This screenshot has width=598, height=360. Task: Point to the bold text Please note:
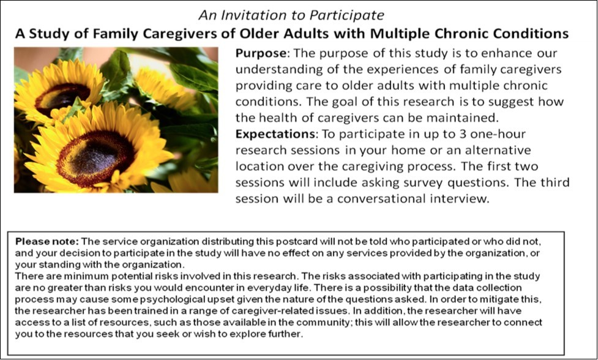coord(47,241)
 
